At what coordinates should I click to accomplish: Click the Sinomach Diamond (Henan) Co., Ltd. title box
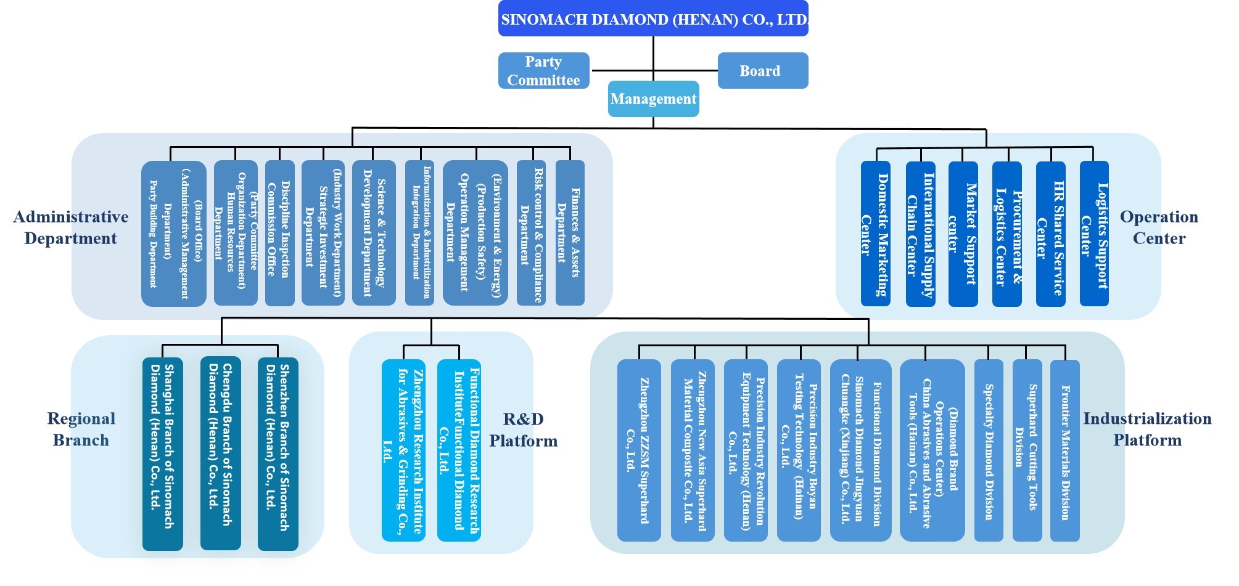(653, 19)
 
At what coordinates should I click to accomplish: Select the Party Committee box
(543, 71)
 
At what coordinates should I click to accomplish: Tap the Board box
(762, 71)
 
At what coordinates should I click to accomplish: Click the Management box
(653, 99)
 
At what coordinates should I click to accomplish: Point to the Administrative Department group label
(70, 227)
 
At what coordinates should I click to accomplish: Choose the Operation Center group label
(1159, 227)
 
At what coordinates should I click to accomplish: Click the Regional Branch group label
(81, 429)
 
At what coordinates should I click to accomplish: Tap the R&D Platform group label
(523, 430)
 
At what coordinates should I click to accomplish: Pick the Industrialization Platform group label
(1147, 429)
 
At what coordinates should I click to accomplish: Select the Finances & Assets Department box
(569, 233)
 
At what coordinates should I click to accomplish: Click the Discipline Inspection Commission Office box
(279, 233)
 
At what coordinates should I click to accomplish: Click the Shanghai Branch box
(162, 454)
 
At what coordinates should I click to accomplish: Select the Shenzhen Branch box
(278, 454)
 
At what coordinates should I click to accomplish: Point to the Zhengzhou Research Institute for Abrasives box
(403, 450)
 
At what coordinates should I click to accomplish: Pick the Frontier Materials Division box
(1064, 450)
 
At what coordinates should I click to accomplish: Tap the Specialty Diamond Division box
(988, 450)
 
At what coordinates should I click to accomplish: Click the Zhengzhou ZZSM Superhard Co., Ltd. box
(638, 450)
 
